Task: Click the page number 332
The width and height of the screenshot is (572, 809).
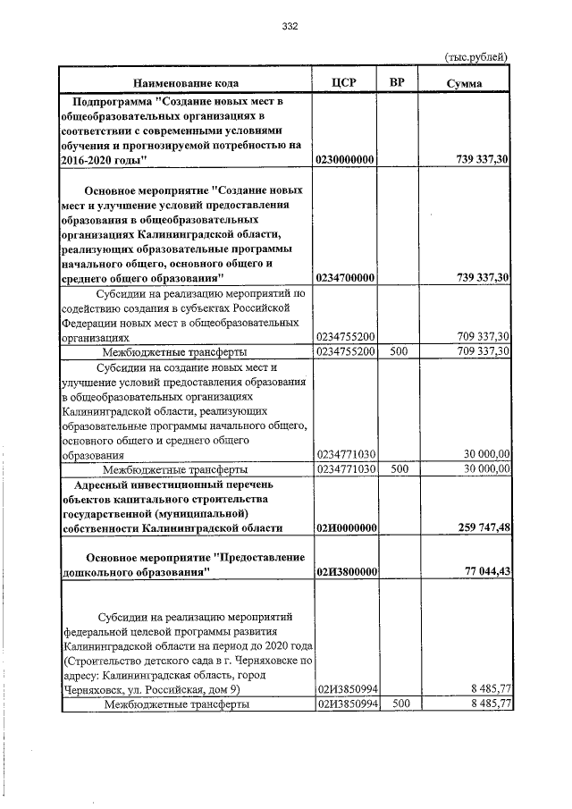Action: tap(289, 26)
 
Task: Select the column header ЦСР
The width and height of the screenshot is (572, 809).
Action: tap(343, 82)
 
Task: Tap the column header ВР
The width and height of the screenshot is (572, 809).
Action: tap(397, 82)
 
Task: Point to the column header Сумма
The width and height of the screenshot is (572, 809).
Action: tap(465, 83)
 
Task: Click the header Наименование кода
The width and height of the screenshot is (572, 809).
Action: tap(186, 82)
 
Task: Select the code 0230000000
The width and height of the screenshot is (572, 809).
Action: tap(345, 159)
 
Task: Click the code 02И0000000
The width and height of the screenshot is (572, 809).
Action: tap(345, 528)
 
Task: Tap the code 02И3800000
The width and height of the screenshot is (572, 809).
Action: tap(345, 572)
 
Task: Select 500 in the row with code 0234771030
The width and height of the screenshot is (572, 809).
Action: tap(399, 468)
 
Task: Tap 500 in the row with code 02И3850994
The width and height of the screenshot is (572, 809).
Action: tap(399, 704)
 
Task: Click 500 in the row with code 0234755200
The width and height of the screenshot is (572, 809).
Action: tap(399, 351)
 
